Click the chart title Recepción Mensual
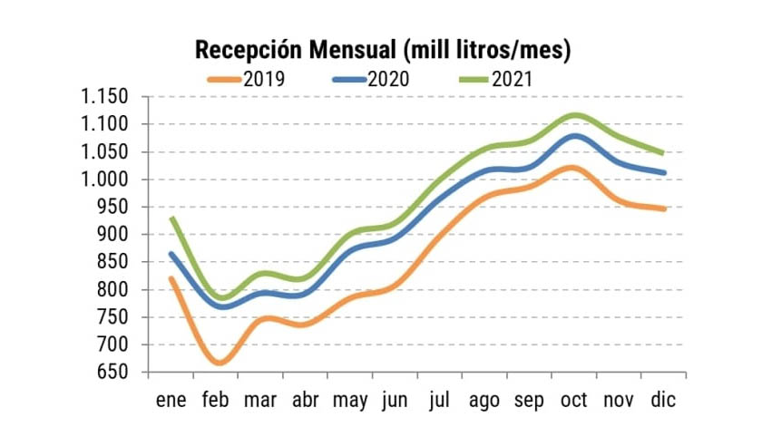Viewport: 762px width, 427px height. (382, 50)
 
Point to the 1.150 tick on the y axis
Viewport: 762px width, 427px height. (103, 97)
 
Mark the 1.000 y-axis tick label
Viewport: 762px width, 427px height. (103, 180)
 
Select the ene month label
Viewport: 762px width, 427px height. (171, 400)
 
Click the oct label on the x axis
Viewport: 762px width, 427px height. (574, 400)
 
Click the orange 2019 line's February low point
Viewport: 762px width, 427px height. (219, 363)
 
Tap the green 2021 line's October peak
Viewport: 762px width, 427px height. (576, 115)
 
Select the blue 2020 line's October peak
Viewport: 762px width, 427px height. (576, 136)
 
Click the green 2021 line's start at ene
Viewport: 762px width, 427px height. (171, 218)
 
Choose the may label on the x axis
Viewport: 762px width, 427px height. (349, 400)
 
